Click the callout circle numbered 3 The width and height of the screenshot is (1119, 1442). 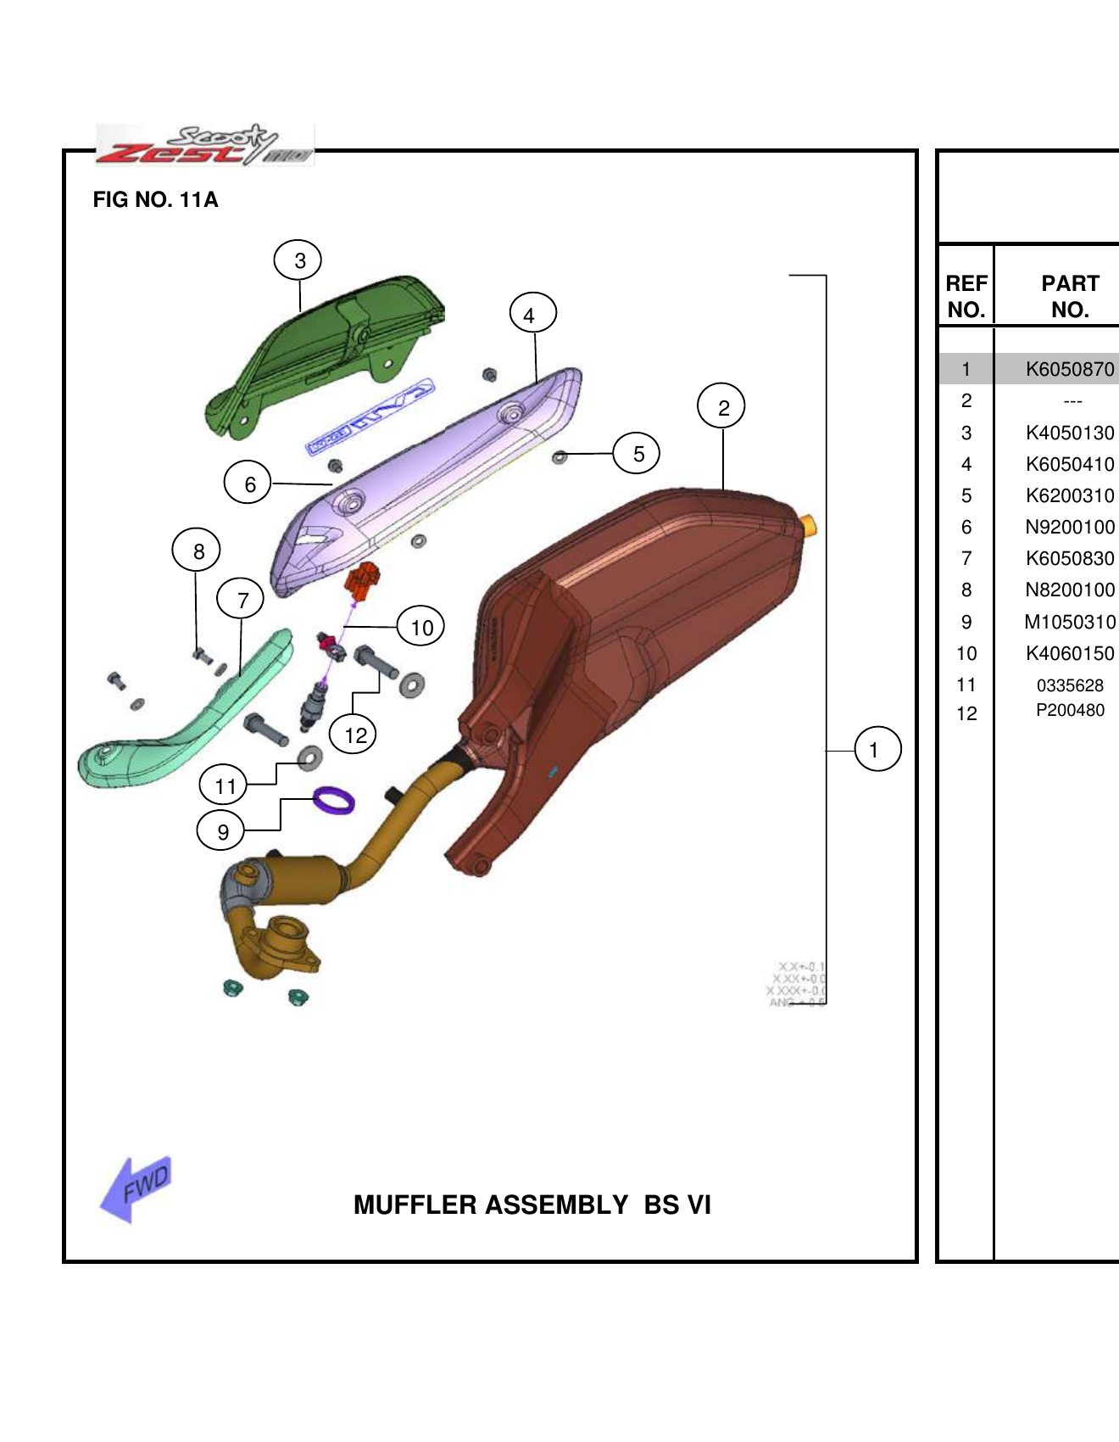click(298, 260)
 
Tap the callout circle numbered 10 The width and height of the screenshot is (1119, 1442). click(421, 628)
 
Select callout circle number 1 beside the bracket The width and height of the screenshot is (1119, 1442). click(877, 749)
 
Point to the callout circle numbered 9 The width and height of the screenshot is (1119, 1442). click(221, 830)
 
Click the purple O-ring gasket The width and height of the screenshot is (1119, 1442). click(334, 800)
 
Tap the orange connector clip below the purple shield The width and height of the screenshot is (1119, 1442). click(364, 580)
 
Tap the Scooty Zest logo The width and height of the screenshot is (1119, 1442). click(204, 145)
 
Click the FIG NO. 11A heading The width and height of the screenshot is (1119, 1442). click(155, 200)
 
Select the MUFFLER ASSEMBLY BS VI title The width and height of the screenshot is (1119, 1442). click(532, 1205)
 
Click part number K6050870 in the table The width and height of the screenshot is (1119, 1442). click(1069, 369)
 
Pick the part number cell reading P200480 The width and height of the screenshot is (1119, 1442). click(1069, 711)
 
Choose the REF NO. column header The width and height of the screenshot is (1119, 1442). click(966, 296)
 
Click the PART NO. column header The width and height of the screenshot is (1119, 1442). click(1069, 296)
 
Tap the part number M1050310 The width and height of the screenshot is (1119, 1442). click(1069, 622)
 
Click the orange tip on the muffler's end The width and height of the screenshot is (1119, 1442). click(810, 525)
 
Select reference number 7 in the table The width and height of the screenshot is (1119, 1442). click(966, 558)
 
